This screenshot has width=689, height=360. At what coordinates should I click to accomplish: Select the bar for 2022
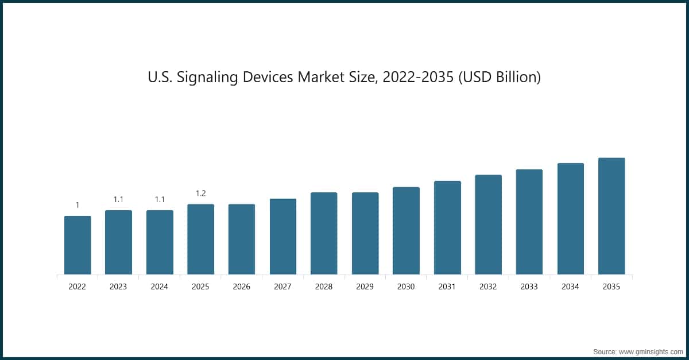[x=78, y=245]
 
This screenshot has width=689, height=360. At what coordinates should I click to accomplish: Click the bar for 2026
[x=242, y=239]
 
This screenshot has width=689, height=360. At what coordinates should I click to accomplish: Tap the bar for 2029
[x=365, y=234]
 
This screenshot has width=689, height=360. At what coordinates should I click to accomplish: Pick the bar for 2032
[x=489, y=224]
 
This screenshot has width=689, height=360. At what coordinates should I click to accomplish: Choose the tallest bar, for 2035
[x=611, y=216]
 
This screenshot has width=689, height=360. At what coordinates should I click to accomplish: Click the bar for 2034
[x=571, y=219]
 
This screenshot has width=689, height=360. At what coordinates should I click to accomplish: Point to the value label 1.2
[x=201, y=193]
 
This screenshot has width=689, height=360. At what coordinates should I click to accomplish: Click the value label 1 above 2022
[x=78, y=205]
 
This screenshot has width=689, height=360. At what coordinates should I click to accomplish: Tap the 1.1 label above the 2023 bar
[x=119, y=199]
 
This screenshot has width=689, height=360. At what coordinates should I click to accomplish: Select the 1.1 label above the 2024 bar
[x=160, y=199]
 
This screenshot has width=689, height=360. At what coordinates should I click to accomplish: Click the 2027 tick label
[x=283, y=287]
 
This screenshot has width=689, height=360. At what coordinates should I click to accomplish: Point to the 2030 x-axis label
[x=406, y=287]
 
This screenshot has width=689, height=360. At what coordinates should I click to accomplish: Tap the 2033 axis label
[x=529, y=287]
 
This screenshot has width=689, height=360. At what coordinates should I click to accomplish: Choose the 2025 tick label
[x=201, y=287]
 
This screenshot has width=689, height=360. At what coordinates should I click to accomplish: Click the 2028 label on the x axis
[x=324, y=287]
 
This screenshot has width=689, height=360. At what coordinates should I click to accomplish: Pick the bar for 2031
[x=447, y=228]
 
